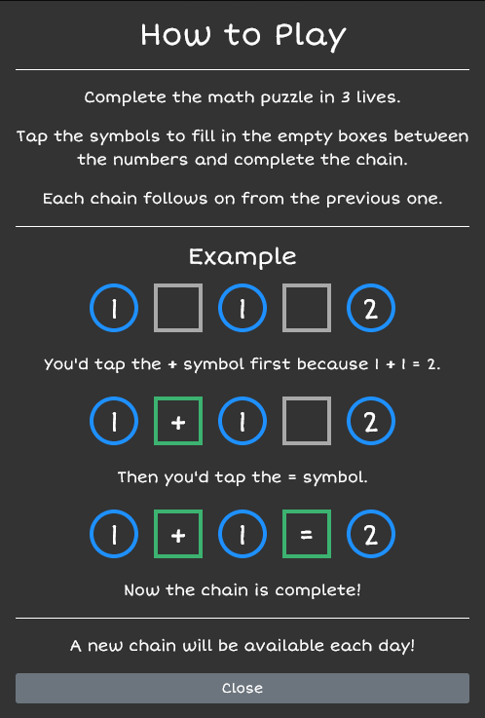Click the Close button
tap(242, 688)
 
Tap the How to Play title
tap(242, 36)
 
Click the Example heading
tap(242, 257)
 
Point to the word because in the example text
tap(333, 364)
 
